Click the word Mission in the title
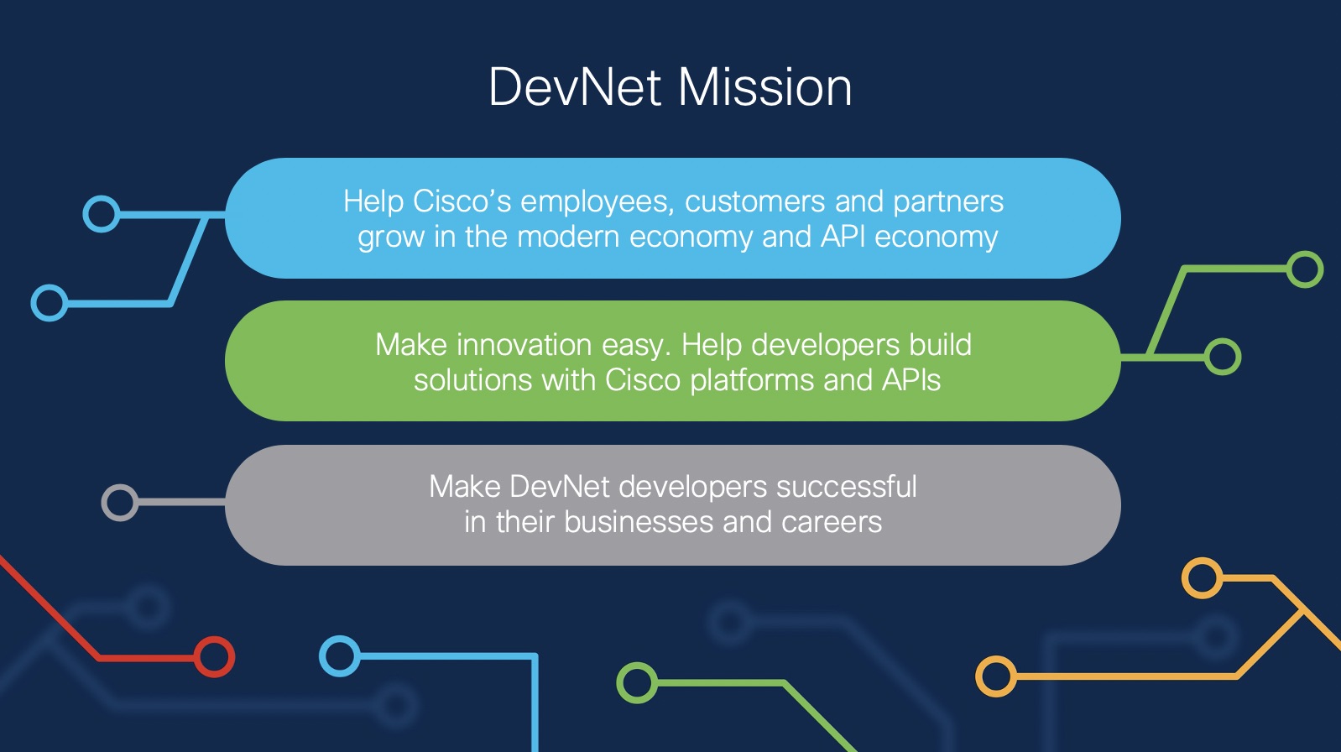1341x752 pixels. [x=764, y=87]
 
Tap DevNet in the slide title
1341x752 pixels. [x=575, y=87]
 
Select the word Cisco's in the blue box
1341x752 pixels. [x=462, y=201]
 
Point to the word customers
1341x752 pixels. [x=755, y=201]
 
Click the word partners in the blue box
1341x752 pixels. [x=948, y=202]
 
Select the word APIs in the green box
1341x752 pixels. [x=911, y=379]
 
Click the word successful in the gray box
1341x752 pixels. [x=847, y=486]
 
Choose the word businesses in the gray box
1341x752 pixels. [x=638, y=521]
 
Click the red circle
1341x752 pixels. [x=214, y=657]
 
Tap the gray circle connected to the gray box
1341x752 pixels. [x=120, y=503]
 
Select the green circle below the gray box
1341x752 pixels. [x=637, y=682]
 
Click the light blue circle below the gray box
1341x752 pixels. [x=340, y=656]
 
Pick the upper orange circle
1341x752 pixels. [x=1202, y=577]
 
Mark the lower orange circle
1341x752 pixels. [x=996, y=676]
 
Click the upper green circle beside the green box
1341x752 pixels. [x=1305, y=269]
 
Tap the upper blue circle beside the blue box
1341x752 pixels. [x=102, y=214]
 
